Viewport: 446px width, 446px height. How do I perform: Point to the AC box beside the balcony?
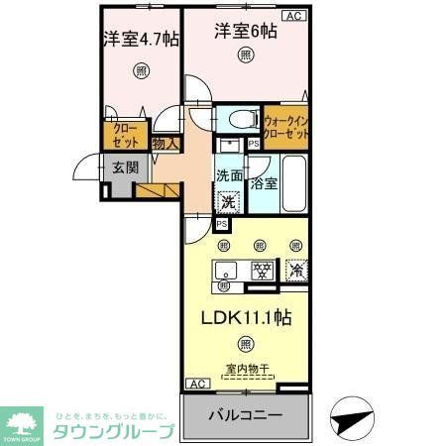[x=196, y=384]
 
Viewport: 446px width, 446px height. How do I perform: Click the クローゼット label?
[x=126, y=135]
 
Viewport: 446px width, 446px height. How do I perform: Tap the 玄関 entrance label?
[x=125, y=167]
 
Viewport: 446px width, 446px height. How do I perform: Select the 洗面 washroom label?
[x=229, y=175]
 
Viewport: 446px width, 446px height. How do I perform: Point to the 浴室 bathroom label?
[x=263, y=182]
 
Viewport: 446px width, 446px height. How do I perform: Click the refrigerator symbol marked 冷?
[x=294, y=269]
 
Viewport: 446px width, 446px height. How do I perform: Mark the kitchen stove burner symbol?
[x=262, y=270]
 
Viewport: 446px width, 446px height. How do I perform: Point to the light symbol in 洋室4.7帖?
[x=141, y=70]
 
